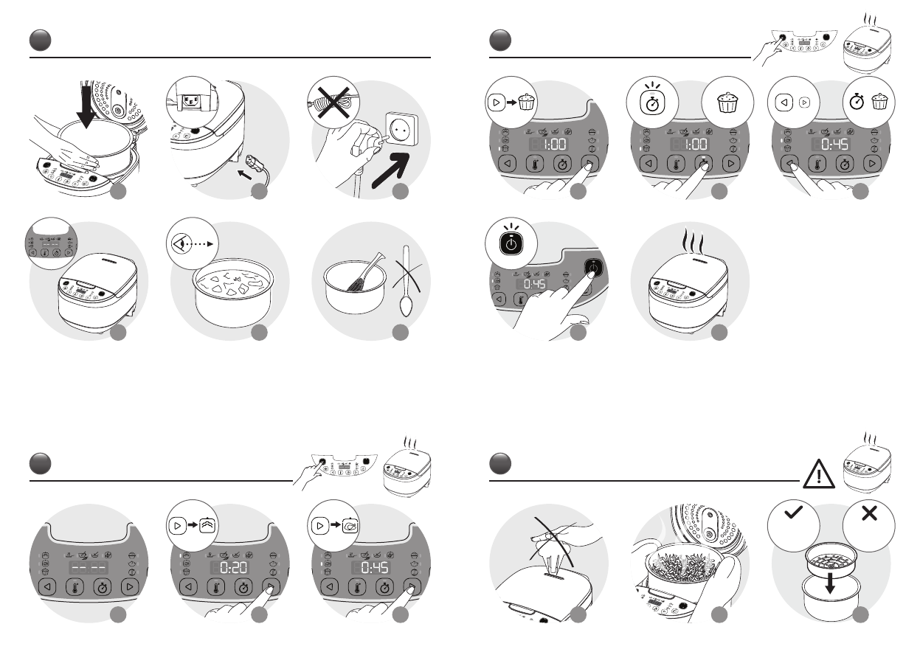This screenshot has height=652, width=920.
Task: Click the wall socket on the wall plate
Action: pos(401,130)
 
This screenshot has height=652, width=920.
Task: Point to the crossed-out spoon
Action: pos(406,280)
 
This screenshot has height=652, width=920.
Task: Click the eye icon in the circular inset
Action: pos(181,244)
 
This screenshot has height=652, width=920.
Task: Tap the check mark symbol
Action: pos(793,513)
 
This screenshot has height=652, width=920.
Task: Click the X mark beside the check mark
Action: pos(869,513)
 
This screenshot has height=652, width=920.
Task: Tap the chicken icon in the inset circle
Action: pos(350,526)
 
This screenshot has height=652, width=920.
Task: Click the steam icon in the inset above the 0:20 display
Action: pos(207,526)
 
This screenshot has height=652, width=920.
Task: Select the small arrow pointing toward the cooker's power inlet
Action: pos(245,176)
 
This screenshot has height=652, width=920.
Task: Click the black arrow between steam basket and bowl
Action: pos(830,583)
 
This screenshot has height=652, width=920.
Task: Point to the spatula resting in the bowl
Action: pos(365,273)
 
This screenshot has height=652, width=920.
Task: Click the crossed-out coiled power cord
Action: pos(333,103)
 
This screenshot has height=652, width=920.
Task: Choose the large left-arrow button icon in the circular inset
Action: pos(784,103)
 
